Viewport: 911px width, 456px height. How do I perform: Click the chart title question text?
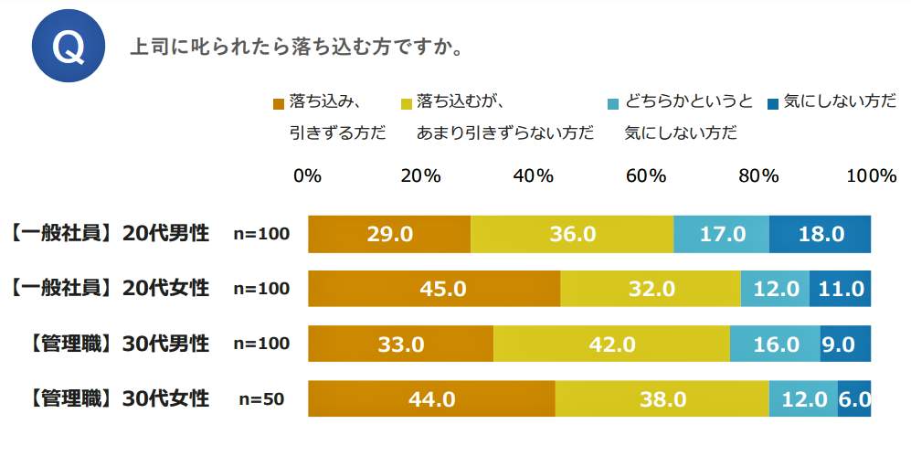pos(296,48)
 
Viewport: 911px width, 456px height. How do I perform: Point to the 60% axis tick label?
pos(645,176)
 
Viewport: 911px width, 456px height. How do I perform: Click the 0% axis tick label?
pos(307,176)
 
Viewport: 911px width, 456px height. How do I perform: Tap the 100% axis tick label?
pos(871,176)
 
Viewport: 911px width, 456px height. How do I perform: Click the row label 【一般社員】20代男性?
pos(109,234)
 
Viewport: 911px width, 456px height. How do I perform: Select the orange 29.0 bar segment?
pos(389,235)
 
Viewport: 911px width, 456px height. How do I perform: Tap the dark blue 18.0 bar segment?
pos(820,235)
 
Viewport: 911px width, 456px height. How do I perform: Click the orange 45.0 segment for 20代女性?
pos(434,290)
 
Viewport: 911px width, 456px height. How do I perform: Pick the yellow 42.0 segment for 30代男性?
pos(611,345)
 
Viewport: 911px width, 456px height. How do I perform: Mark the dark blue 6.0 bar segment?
pos(854,399)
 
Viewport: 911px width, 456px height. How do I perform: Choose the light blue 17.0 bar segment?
pos(721,235)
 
